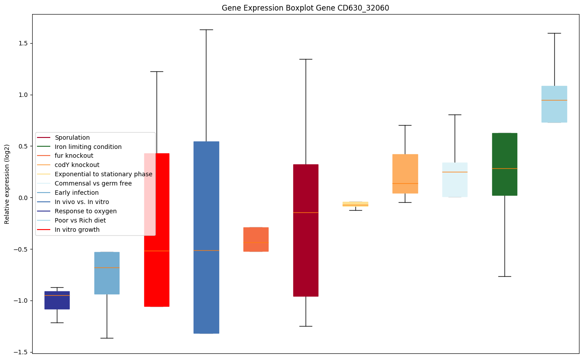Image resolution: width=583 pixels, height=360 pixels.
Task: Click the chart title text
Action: click(x=305, y=8)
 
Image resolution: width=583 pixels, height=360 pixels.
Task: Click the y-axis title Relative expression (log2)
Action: click(x=7, y=184)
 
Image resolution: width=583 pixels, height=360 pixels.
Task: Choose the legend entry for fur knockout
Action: click(x=74, y=156)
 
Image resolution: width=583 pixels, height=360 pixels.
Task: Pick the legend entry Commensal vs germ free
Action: click(x=93, y=183)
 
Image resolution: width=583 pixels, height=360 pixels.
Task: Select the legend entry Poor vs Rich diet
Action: click(x=80, y=220)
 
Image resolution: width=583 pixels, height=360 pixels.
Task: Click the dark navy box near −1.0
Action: click(x=57, y=300)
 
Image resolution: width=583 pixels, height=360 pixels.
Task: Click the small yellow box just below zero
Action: click(x=355, y=204)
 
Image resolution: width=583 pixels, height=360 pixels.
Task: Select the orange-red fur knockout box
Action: click(x=256, y=239)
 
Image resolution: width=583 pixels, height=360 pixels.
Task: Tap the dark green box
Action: click(x=505, y=164)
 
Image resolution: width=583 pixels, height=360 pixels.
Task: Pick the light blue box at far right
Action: click(x=554, y=104)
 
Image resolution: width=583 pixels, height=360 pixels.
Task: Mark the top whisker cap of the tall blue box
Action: click(x=206, y=30)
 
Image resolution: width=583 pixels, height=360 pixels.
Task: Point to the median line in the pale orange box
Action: click(x=405, y=183)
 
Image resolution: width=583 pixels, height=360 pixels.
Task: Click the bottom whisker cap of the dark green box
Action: click(x=505, y=276)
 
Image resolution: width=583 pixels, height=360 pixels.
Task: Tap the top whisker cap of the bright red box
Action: click(x=157, y=71)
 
